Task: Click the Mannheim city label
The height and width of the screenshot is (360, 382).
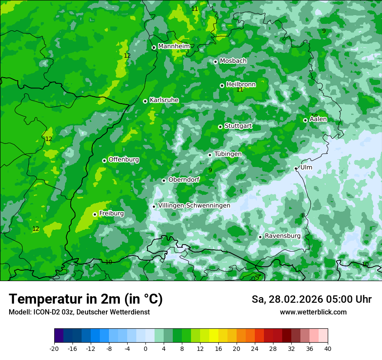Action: [174, 46]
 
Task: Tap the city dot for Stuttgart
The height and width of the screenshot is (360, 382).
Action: [220, 127]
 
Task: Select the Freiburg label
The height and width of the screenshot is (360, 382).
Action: [111, 213]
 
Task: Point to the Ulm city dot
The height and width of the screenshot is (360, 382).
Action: [296, 168]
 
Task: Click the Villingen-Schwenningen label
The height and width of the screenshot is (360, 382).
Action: [194, 206]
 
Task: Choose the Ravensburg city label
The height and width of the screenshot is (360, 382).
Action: [282, 236]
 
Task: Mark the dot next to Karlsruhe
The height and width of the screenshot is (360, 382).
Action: [145, 101]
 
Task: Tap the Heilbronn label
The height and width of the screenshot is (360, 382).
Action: [241, 85]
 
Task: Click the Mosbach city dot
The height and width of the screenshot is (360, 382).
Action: [215, 62]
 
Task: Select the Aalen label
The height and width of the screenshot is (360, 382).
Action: [318, 119]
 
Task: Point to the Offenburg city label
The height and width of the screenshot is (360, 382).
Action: [124, 160]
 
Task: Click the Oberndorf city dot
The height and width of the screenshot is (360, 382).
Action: [164, 180]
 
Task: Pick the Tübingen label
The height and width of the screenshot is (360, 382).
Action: [227, 154]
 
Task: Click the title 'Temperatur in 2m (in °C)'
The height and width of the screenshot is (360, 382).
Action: [86, 299]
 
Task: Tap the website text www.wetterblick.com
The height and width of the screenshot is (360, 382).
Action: [313, 312]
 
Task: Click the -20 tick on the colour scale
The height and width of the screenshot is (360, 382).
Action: [54, 349]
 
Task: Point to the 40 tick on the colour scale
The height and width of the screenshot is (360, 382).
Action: [328, 349]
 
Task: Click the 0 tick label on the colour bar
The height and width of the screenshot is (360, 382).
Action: [145, 349]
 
